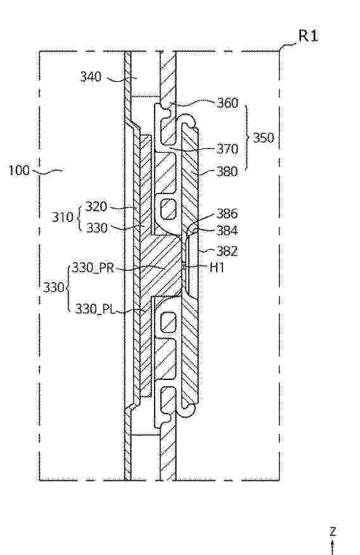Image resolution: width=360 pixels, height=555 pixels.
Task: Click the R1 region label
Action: point(309,36)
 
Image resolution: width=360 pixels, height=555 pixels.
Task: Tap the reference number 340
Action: point(91,77)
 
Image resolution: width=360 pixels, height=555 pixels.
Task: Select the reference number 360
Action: point(228,103)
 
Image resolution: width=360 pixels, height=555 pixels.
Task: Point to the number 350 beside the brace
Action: point(264,138)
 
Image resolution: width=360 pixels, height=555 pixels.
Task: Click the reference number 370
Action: point(228,149)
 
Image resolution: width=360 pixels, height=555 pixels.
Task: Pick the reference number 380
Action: point(228,172)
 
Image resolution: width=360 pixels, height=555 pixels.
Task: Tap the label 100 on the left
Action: point(19,171)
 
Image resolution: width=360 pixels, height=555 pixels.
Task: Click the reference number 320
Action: point(96,206)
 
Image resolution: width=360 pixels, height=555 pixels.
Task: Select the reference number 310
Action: point(63,217)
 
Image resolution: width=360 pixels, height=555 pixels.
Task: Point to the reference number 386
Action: point(227,213)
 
